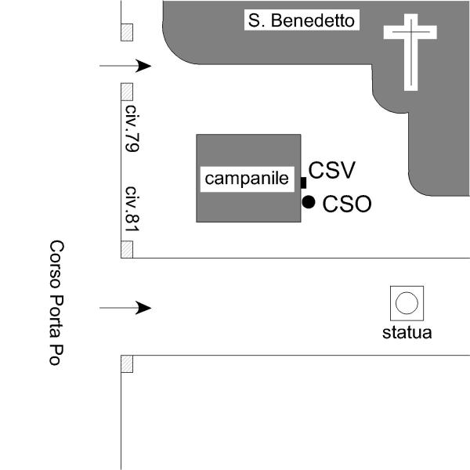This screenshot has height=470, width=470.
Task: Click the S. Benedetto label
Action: pos(302,20)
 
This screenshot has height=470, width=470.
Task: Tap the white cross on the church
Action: pos(410,51)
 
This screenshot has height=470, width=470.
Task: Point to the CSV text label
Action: pos(332,170)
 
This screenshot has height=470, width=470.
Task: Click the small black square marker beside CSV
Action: pos(303,183)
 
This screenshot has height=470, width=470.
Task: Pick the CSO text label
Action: pos(347,204)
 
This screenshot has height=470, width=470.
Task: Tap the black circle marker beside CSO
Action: pos(309,202)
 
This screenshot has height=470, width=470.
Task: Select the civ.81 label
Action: pos(132,209)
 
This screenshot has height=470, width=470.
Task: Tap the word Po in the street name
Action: pos(57,356)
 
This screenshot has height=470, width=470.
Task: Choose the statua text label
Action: pos(407,332)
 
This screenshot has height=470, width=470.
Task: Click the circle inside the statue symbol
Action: pos(407,302)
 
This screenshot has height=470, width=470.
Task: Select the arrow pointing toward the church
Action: pos(125,67)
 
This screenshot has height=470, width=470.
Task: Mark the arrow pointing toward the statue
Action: pos(125,308)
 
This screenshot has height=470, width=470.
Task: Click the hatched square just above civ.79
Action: pos(127,91)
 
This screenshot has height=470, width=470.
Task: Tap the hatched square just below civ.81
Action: pos(127,250)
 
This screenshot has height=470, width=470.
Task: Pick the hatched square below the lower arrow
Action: pos(127,363)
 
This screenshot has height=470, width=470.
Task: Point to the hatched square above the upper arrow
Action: pos(127,32)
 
